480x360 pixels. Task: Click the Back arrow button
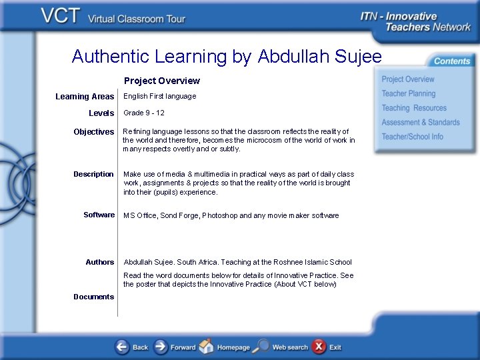point(123,347)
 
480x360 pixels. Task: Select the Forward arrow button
point(161,347)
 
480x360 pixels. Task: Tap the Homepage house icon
point(207,347)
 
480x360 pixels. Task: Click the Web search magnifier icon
point(263,347)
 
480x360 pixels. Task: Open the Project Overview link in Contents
point(407,79)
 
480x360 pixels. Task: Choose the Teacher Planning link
point(408,94)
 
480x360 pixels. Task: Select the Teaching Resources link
point(413,108)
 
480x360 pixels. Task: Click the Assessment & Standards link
point(420,123)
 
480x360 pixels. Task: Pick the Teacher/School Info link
point(412,137)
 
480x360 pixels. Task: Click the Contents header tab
point(451,61)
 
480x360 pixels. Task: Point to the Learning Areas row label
point(85,97)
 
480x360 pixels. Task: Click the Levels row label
point(101,113)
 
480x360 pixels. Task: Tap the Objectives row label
point(94,132)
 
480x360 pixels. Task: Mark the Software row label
point(99,215)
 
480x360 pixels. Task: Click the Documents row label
point(93,297)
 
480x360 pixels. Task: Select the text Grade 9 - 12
point(144,113)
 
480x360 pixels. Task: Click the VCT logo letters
point(61,16)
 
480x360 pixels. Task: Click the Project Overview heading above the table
point(162,81)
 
